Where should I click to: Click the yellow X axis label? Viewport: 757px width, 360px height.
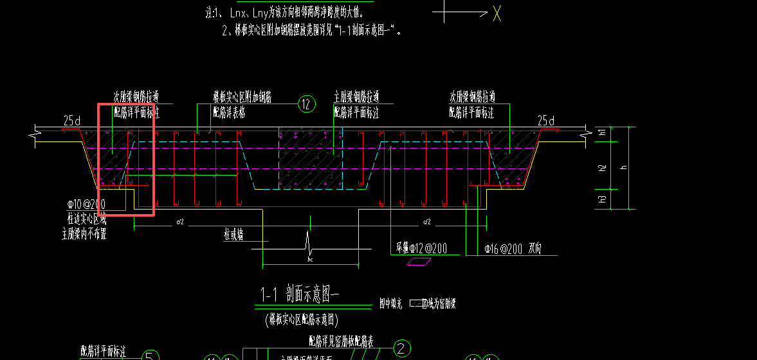(497, 14)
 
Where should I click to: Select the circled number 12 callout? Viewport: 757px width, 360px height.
(307, 104)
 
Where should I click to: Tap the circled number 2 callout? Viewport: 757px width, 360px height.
(402, 348)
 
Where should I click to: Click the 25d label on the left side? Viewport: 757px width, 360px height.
(73, 120)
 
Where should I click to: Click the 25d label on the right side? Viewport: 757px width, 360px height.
(546, 120)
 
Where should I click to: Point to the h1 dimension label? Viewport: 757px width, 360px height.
(602, 132)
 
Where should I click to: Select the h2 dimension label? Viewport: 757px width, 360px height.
(602, 168)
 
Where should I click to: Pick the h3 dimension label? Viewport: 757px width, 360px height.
(602, 199)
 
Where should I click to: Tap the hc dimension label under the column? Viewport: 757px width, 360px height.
(309, 259)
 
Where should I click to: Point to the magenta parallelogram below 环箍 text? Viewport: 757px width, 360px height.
(419, 262)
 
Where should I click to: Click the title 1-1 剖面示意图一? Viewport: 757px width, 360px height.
(299, 295)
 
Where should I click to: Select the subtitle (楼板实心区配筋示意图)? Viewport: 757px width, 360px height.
(301, 319)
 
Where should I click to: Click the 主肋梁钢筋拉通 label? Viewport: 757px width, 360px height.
(356, 97)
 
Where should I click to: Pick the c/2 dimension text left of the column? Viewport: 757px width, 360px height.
(180, 222)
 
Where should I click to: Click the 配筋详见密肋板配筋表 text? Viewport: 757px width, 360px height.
(351, 339)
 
